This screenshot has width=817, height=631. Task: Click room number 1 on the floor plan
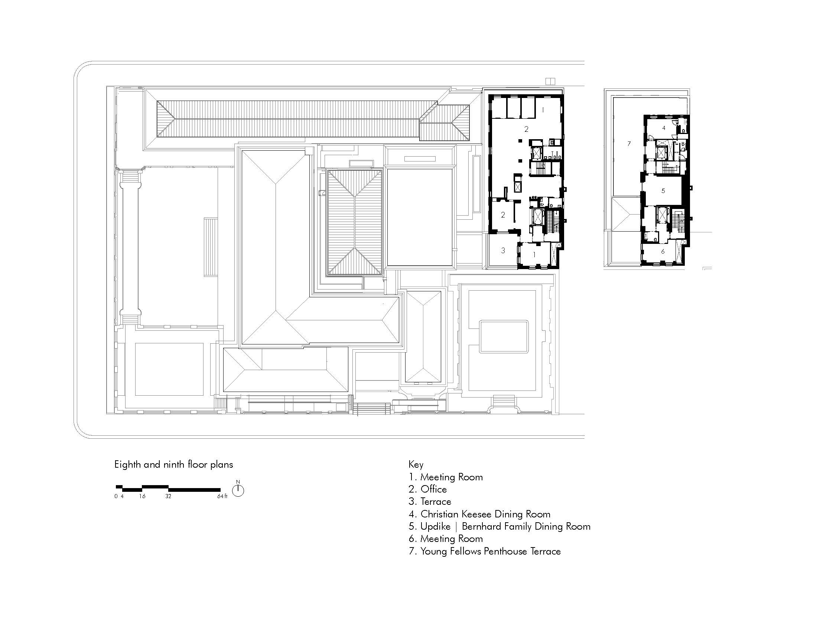tap(534, 255)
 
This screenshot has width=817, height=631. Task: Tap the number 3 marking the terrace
tap(503, 251)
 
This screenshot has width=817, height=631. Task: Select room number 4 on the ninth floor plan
tap(664, 128)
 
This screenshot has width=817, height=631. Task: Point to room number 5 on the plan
tap(663, 191)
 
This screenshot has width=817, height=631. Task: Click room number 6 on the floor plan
tap(663, 251)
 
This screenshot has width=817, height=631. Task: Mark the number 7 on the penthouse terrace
tap(629, 144)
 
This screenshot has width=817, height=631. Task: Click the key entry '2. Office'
tap(428, 489)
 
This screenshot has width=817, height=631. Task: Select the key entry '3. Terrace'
tap(430, 502)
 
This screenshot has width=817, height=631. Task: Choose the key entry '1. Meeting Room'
tap(446, 477)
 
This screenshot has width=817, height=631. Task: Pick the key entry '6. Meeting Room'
tap(446, 539)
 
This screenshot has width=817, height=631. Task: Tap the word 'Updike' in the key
tap(436, 527)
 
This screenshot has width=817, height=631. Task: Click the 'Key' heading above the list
tap(416, 465)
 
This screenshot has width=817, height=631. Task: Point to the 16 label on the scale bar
tap(142, 496)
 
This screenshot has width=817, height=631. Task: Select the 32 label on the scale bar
tap(168, 496)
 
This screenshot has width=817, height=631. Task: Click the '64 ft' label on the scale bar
tap(222, 496)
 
